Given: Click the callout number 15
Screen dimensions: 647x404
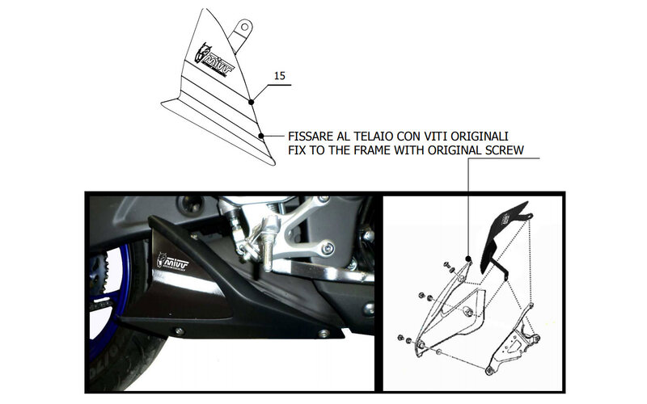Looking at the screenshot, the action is point(279,76).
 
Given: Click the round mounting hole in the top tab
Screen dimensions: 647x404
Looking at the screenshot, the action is point(245,27).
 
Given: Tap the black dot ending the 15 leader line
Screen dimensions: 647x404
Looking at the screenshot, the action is point(252,102).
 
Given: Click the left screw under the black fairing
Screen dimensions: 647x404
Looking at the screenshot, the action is point(179,331).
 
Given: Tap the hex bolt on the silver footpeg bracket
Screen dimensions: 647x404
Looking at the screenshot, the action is point(328,248).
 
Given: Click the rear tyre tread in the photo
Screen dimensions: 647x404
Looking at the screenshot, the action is point(124,363).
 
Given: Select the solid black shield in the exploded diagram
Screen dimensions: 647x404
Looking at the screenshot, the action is point(506,237).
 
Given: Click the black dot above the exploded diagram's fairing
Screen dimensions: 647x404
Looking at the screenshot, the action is point(468,259).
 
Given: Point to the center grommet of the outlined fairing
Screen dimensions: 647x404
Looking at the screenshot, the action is point(468,312).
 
